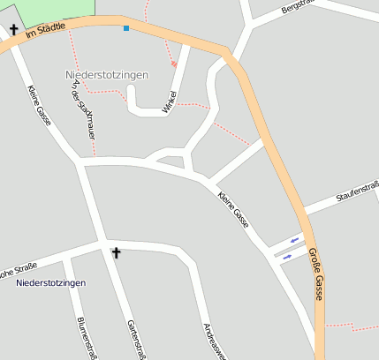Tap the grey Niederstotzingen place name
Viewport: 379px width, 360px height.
[107, 75]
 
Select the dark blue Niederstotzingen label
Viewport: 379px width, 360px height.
[50, 282]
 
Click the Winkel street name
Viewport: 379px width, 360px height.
[170, 102]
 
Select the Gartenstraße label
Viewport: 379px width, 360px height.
[136, 339]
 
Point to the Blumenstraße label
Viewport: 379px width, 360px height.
[87, 338]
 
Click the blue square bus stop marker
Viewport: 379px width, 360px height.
[126, 28]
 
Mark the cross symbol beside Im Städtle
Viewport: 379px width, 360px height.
[14, 29]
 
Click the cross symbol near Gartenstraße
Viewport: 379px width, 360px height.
[116, 253]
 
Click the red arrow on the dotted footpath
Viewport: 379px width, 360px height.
[174, 64]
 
